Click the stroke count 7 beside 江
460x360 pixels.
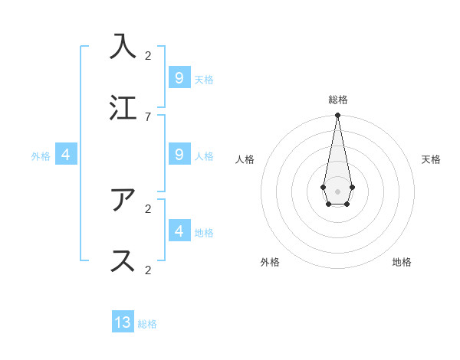(x=148, y=116)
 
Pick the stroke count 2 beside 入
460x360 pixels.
(x=148, y=55)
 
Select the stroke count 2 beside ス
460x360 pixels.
(x=148, y=270)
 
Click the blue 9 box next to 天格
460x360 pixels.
(x=179, y=78)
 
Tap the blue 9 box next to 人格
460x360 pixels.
(x=179, y=155)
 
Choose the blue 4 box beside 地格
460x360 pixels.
(x=179, y=231)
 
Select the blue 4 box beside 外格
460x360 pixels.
(x=66, y=155)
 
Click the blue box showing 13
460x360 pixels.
(x=123, y=322)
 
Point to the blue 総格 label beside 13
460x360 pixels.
(x=147, y=324)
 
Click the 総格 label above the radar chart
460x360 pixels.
(x=337, y=100)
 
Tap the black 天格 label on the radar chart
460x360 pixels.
(x=431, y=159)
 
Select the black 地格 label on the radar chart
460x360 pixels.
(x=402, y=262)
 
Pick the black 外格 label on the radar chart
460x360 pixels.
(x=270, y=262)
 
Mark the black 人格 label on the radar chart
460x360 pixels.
(x=245, y=159)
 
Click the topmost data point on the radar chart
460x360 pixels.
(x=337, y=116)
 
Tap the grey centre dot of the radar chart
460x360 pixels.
(x=337, y=190)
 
